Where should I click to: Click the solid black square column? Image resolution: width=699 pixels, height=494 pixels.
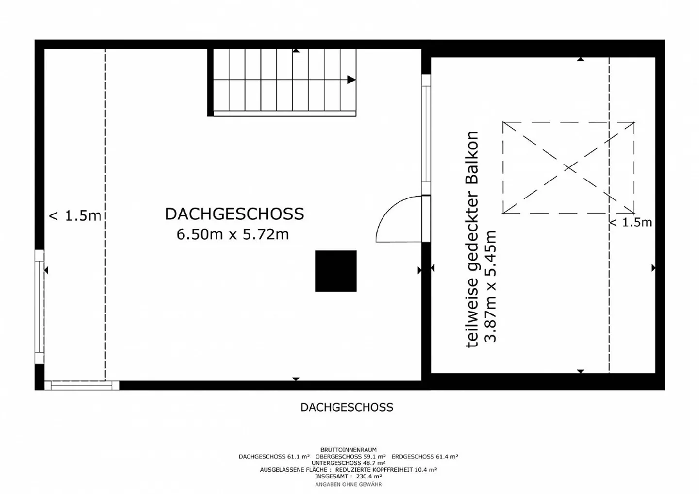[336, 271]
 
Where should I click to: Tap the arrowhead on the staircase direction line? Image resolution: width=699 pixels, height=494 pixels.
[351, 80]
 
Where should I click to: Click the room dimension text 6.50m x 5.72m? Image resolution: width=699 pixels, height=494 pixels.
[233, 234]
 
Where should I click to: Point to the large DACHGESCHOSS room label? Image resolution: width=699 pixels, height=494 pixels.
[234, 214]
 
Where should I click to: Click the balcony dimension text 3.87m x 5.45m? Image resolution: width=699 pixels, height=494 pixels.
[491, 286]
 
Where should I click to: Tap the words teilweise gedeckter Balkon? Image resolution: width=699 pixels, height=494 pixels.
[472, 239]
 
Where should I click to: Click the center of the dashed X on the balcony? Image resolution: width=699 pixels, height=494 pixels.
[568, 168]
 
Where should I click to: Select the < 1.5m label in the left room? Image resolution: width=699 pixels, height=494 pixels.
[75, 216]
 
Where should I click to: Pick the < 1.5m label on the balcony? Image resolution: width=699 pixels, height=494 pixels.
[630, 223]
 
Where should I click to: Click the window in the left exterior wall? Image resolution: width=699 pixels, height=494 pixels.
[39, 307]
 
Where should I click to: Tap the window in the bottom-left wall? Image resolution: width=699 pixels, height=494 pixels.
[82, 385]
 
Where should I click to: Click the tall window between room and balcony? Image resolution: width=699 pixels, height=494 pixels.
[426, 133]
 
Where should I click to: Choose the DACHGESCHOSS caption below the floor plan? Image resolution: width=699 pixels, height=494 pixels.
[347, 407]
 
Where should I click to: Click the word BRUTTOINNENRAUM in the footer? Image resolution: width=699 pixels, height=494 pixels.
[348, 450]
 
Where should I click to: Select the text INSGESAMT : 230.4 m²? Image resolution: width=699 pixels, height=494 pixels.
[348, 477]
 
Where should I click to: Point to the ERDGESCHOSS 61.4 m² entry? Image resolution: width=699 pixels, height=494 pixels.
[425, 457]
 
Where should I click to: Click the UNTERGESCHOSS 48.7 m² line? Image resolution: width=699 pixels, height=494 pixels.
[348, 463]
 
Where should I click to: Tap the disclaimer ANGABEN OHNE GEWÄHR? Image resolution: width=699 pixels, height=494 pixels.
[348, 484]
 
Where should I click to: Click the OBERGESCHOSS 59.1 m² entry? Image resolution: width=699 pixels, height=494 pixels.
[350, 457]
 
